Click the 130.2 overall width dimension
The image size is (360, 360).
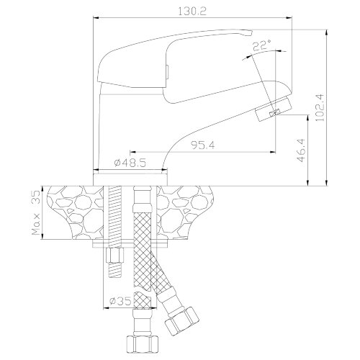(192, 12)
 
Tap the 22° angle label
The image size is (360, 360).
(262, 45)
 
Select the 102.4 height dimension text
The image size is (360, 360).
(320, 107)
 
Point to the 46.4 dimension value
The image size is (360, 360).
(301, 150)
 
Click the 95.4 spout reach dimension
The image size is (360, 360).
(203, 145)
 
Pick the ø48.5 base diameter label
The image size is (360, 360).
(130, 163)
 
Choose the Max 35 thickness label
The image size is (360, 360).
(36, 212)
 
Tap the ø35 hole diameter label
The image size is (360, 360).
(120, 301)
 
